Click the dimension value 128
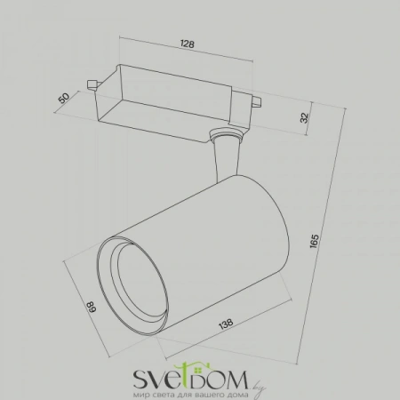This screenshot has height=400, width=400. click(x=188, y=44)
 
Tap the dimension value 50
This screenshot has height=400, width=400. click(x=64, y=98)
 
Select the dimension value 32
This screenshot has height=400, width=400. click(x=305, y=118)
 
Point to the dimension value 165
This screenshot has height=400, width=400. click(x=314, y=241)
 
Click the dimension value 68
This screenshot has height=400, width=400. click(x=92, y=307)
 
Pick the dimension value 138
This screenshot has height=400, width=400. click(x=226, y=324)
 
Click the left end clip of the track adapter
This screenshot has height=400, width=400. click(x=92, y=84)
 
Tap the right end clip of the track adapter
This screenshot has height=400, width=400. click(x=257, y=101)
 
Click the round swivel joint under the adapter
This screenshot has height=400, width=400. click(x=226, y=133)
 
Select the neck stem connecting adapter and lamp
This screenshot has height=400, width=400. click(x=227, y=158)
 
